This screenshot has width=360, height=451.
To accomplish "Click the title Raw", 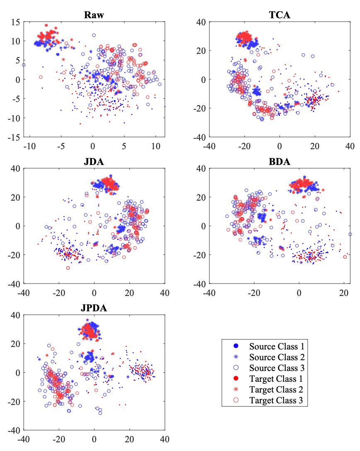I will (94, 15).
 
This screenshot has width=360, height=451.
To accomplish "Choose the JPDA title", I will (94, 308).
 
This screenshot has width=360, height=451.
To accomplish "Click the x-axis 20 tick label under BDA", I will (343, 292).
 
